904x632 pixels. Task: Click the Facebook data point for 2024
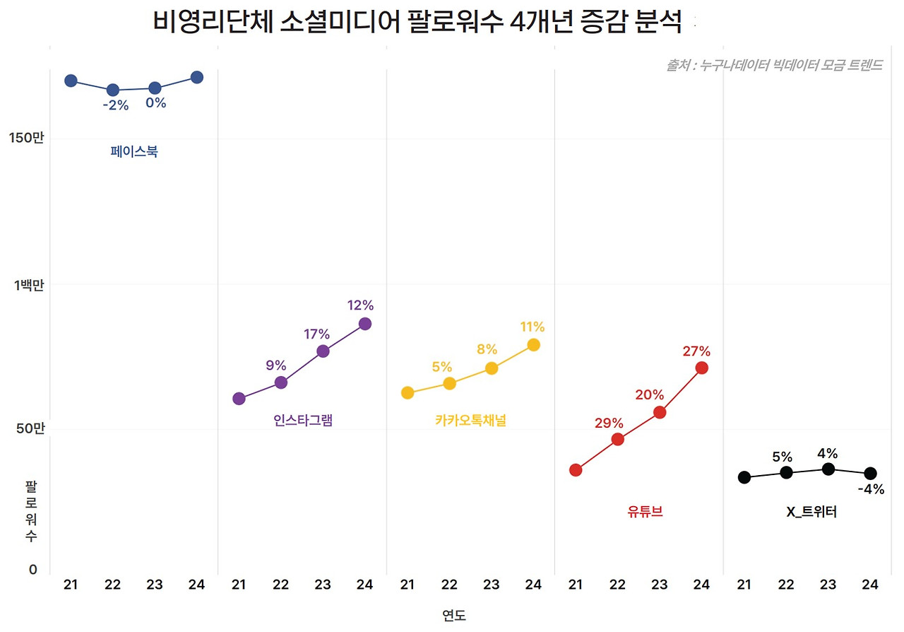tap(196, 77)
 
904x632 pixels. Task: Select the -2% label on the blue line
tap(115, 106)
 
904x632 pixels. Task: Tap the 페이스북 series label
tap(134, 151)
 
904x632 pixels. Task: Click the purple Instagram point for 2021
tap(239, 399)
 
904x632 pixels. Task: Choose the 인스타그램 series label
tap(303, 421)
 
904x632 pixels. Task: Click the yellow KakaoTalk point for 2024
tap(533, 345)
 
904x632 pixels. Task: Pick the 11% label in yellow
tap(532, 327)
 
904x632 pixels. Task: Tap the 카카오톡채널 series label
tap(470, 421)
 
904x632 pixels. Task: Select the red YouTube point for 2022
tap(617, 439)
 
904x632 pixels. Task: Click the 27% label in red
tap(696, 351)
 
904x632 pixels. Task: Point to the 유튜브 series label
tap(645, 512)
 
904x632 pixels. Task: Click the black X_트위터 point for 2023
tap(828, 469)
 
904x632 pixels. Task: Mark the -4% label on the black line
tap(870, 489)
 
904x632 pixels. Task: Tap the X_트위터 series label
tap(811, 513)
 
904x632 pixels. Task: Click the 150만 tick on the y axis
tap(27, 139)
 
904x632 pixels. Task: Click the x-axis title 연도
tap(454, 614)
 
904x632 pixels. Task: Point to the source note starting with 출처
tap(774, 66)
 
